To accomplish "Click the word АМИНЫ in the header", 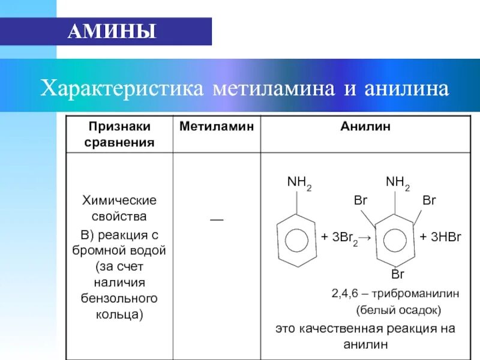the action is coord(112,31).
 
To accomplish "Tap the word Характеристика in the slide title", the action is coord(121,89).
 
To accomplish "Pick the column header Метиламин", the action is coord(217,127).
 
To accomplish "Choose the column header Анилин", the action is coord(365,127).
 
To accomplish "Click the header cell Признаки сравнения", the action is coord(119,134).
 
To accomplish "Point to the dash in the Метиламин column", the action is coord(217,220).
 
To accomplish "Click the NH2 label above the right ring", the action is coord(398,183).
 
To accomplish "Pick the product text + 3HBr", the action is coord(440,238).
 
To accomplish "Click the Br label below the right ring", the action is coord(398,274).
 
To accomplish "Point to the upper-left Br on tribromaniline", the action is coord(360,201).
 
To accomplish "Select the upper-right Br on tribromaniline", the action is coord(429,201).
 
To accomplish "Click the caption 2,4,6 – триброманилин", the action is coord(395,294).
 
